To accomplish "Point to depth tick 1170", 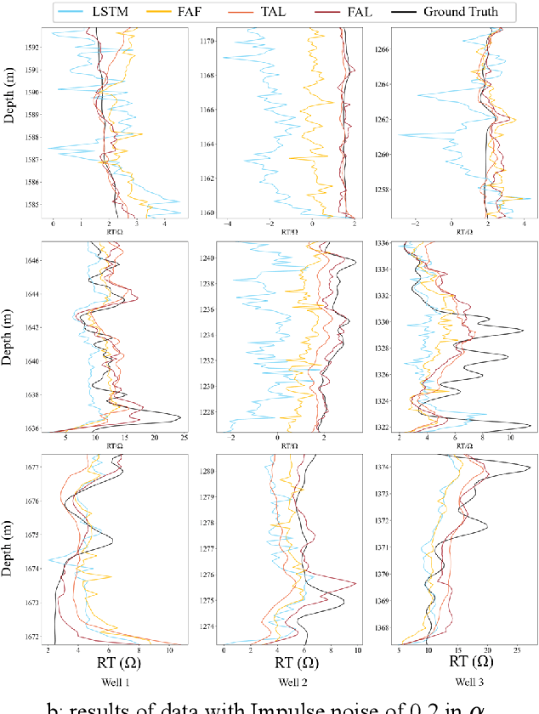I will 205,41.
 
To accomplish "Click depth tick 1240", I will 205,258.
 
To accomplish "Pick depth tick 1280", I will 205,471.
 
